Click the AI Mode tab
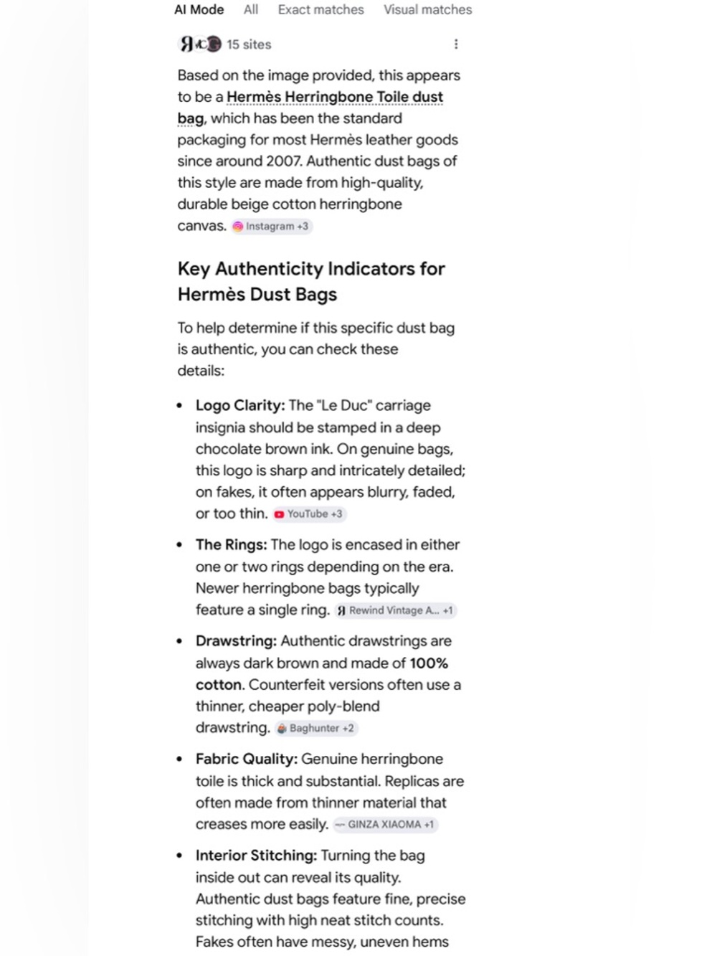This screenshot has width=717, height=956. tap(199, 10)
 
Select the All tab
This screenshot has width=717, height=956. tap(250, 10)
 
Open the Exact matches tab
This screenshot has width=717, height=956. tap(320, 10)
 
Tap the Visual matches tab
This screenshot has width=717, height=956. tap(427, 10)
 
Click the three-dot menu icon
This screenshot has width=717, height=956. tap(456, 44)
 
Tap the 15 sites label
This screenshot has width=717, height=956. tap(249, 44)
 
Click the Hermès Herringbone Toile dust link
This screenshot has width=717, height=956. tap(334, 97)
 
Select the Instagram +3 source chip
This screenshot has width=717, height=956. tap(271, 227)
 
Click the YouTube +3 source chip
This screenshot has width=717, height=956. tap(309, 514)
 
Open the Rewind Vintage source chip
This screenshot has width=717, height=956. tap(395, 611)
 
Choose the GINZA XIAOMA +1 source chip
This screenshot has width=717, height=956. tap(386, 825)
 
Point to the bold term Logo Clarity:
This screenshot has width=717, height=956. tap(239, 406)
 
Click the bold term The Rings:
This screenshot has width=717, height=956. tap(231, 545)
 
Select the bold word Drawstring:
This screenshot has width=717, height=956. tap(236, 641)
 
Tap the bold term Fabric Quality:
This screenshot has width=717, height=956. tap(246, 759)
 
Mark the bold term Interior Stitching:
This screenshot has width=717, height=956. tap(256, 856)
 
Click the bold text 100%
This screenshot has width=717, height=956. tap(429, 663)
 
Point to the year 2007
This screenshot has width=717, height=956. tap(284, 161)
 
